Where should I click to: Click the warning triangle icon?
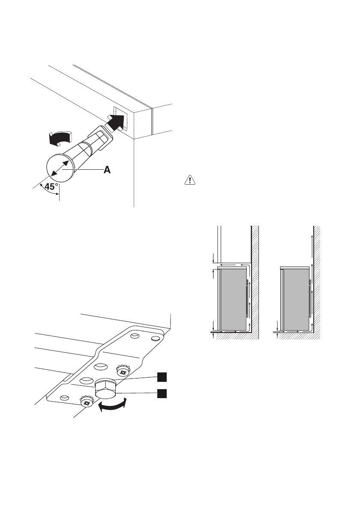point(189,180)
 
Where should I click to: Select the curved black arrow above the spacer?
point(59,138)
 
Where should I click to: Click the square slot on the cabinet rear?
point(120,116)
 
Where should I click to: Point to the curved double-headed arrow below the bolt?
point(113,406)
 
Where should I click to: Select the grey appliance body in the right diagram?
point(296,300)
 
